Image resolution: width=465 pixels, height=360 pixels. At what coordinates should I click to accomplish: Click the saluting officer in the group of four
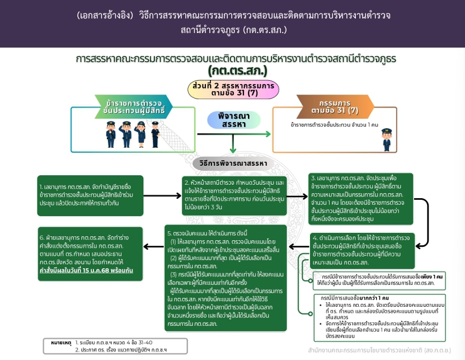(124, 134)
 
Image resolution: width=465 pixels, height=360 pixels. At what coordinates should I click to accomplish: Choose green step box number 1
(90, 196)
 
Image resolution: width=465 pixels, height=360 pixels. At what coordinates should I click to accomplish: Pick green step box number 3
(360, 197)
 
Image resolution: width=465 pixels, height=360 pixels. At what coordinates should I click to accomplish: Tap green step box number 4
(363, 249)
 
